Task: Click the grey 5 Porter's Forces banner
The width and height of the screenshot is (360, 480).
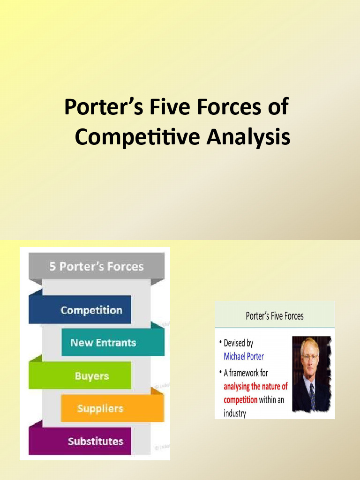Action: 97,266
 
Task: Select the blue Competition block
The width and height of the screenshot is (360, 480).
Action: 91,310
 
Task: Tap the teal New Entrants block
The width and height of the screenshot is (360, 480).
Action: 103,343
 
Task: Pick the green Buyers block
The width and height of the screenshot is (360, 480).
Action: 91,376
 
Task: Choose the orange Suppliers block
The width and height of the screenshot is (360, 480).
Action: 100,408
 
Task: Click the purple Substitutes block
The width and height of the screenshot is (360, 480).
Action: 95,441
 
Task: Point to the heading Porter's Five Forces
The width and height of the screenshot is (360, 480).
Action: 275,316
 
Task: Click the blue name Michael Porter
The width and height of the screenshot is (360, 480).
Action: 244,356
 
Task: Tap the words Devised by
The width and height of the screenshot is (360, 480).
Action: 239,343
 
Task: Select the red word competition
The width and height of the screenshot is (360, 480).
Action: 240,400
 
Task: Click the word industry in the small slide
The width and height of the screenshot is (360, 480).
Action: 235,414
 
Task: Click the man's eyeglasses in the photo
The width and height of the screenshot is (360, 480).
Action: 310,356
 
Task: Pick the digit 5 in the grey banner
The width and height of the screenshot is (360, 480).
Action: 52,266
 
